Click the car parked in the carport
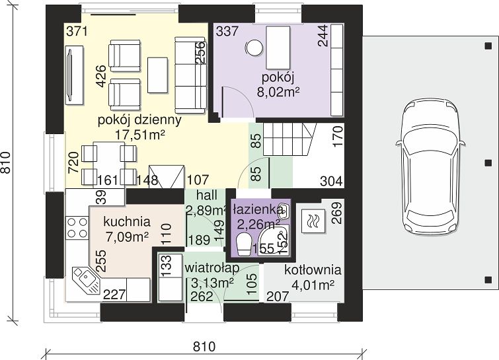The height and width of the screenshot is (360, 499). point(430,166)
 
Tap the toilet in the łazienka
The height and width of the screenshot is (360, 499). point(244,244)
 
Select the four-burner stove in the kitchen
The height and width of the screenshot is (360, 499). point(77,227)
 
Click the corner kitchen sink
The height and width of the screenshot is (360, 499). point(86,280)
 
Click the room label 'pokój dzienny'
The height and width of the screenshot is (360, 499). point(139,120)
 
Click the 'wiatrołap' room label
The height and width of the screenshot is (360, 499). point(212,268)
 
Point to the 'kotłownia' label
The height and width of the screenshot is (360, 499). point(313,270)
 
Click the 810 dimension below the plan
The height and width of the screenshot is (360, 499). point(204,346)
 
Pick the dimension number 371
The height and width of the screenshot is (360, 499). point(77,32)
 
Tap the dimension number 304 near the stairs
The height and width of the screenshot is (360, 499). point(331,181)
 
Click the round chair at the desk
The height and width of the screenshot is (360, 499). point(254,48)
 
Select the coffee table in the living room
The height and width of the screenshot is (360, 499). point(157,75)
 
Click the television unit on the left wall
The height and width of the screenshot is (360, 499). point(74,75)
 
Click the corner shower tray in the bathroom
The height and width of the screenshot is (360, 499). point(274,240)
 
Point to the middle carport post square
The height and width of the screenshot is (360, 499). point(488,163)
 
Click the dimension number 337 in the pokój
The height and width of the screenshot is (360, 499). point(227,32)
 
